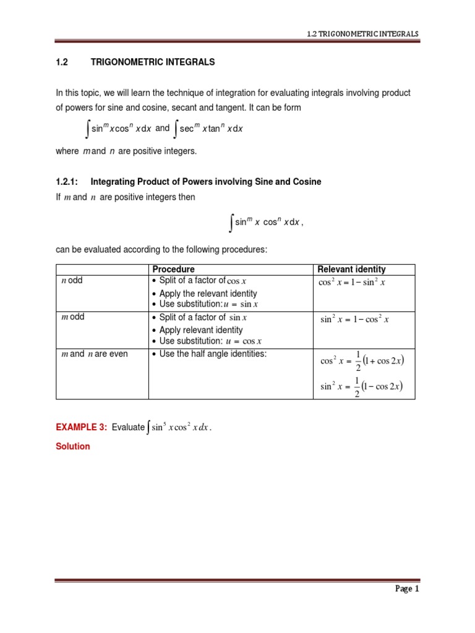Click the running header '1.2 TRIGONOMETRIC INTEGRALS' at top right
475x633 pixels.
tap(362, 33)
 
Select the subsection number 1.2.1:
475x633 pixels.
tap(69, 182)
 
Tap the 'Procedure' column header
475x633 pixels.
tap(173, 270)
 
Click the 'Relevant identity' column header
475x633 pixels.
tap(351, 270)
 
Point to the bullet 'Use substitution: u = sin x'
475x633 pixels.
tap(208, 305)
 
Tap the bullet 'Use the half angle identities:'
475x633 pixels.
tap(208, 354)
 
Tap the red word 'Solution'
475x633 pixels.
tap(73, 446)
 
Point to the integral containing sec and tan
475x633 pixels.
tap(208, 129)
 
